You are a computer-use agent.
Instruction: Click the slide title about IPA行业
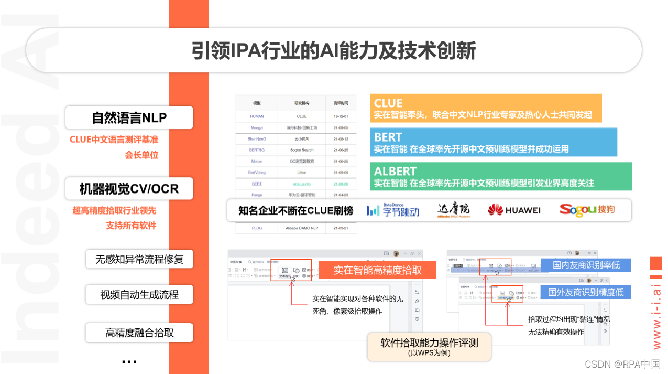point(333,51)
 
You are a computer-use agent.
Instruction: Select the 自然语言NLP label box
point(129,117)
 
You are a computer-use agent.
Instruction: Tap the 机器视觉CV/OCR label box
point(129,188)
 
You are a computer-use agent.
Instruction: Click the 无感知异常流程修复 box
point(139,259)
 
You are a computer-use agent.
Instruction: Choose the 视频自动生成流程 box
point(139,295)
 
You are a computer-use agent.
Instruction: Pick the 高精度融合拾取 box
point(139,333)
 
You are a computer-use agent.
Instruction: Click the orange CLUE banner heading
point(388,103)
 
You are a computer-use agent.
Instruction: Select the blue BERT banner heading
point(388,137)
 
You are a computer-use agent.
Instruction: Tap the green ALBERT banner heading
point(396,171)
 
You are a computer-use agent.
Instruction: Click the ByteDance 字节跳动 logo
point(393,210)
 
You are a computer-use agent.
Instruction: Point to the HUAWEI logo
point(514,210)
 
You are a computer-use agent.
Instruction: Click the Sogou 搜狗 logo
point(587,209)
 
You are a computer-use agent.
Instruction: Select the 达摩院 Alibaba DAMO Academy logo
point(454,210)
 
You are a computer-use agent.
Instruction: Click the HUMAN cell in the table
point(257,116)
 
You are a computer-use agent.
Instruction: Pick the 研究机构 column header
point(302,103)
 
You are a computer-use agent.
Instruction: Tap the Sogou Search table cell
point(302,150)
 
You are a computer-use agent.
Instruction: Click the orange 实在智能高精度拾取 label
point(377,271)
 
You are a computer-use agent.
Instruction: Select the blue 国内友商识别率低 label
point(586,265)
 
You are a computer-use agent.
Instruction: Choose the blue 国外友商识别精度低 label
point(586,292)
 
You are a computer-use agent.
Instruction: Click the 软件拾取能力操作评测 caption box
point(429,346)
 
